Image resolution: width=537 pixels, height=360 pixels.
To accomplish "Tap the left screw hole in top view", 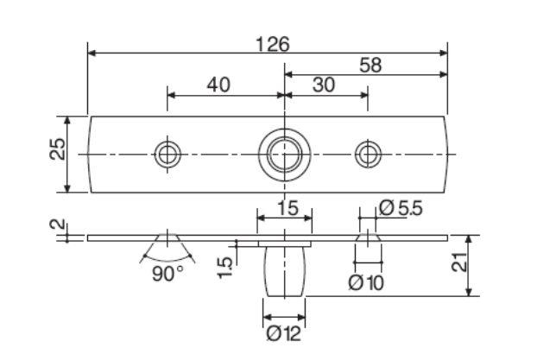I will click(x=167, y=155).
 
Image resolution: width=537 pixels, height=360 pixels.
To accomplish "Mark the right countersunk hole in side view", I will click(x=368, y=237).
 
